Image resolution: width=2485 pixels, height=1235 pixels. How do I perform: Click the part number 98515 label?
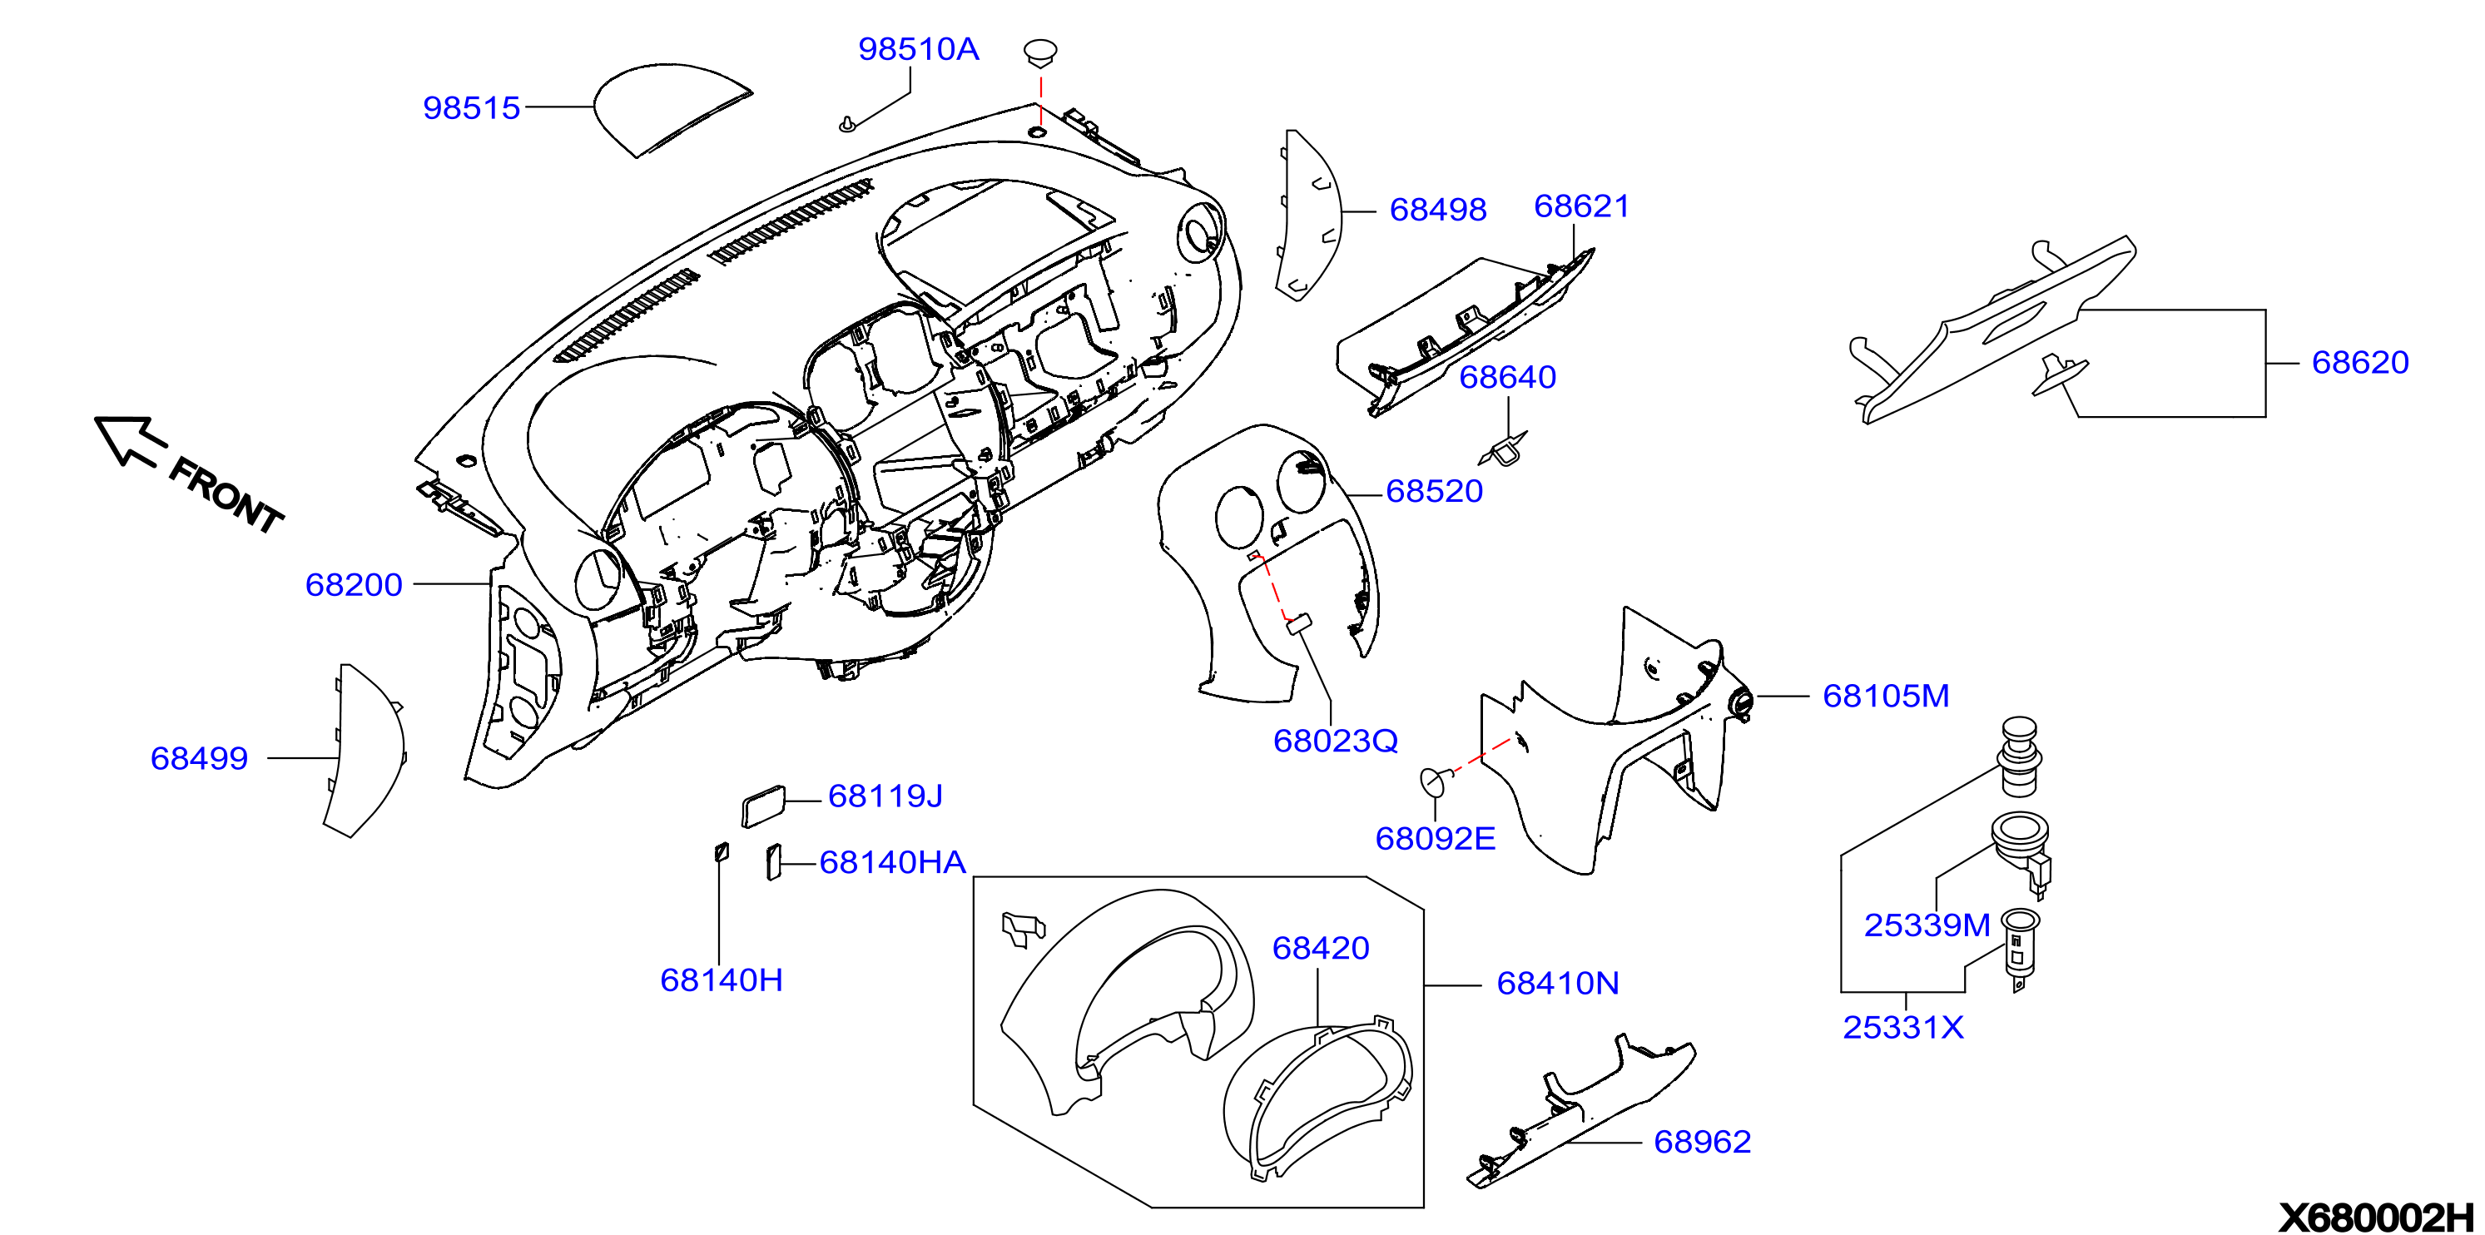(472, 108)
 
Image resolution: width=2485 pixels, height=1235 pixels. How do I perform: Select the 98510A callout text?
(919, 49)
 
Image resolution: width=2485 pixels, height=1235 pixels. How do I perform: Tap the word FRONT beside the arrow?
(226, 496)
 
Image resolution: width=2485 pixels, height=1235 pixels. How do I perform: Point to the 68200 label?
(354, 585)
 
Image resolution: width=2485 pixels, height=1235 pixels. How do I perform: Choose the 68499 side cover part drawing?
(364, 750)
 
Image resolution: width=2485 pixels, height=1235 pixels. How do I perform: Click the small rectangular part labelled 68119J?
(763, 806)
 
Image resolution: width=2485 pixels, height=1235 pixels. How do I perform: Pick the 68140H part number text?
(722, 980)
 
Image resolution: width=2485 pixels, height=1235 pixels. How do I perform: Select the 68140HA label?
(892, 862)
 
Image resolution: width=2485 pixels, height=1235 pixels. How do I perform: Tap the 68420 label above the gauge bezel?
(1321, 949)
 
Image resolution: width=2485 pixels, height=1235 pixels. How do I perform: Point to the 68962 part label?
(1703, 1143)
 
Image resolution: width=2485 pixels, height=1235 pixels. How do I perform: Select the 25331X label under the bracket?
(1903, 1028)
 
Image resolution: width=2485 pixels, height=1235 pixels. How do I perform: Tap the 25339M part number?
(1927, 925)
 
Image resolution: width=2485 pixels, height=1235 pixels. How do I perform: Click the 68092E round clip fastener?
(1436, 780)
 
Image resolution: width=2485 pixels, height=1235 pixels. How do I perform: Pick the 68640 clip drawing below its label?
(1503, 448)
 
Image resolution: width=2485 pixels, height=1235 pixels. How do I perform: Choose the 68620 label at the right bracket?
(2360, 363)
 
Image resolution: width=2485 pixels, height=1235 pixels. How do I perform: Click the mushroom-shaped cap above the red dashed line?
(1040, 53)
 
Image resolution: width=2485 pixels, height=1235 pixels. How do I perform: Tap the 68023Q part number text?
(1335, 741)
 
